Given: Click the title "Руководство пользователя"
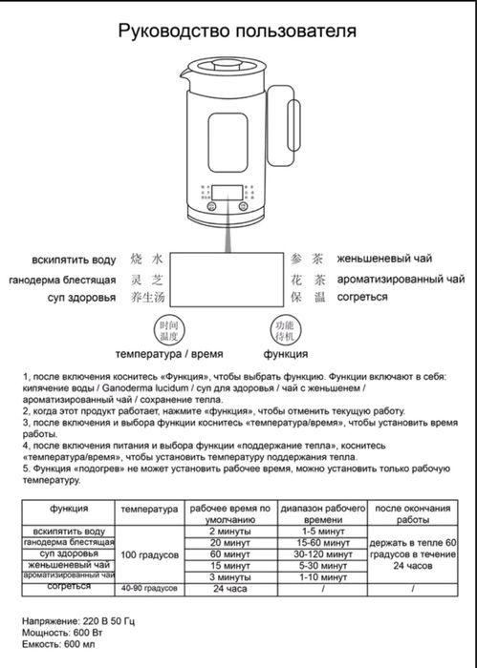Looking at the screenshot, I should (x=237, y=31).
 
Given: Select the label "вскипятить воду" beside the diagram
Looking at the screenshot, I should (x=73, y=259).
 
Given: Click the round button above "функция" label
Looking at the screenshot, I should (x=285, y=332).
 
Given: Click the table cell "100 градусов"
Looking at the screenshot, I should (x=149, y=554).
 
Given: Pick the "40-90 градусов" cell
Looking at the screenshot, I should (x=149, y=589).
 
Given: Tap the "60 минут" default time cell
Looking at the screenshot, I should (x=228, y=553).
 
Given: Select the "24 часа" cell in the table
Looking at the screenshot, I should (x=228, y=589).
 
